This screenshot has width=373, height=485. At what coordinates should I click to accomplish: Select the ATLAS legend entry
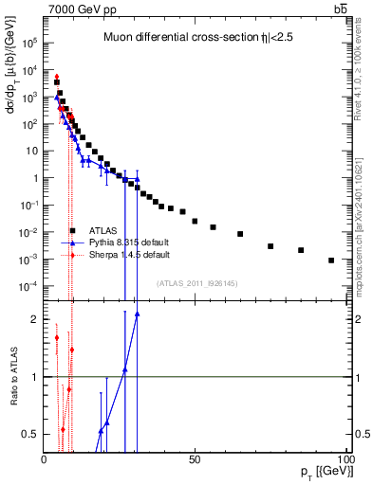click(103, 230)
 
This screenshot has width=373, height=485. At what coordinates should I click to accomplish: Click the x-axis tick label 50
click(195, 458)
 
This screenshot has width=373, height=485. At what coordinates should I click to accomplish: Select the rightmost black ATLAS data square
click(331, 260)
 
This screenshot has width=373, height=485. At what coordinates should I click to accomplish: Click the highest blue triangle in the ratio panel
click(138, 314)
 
